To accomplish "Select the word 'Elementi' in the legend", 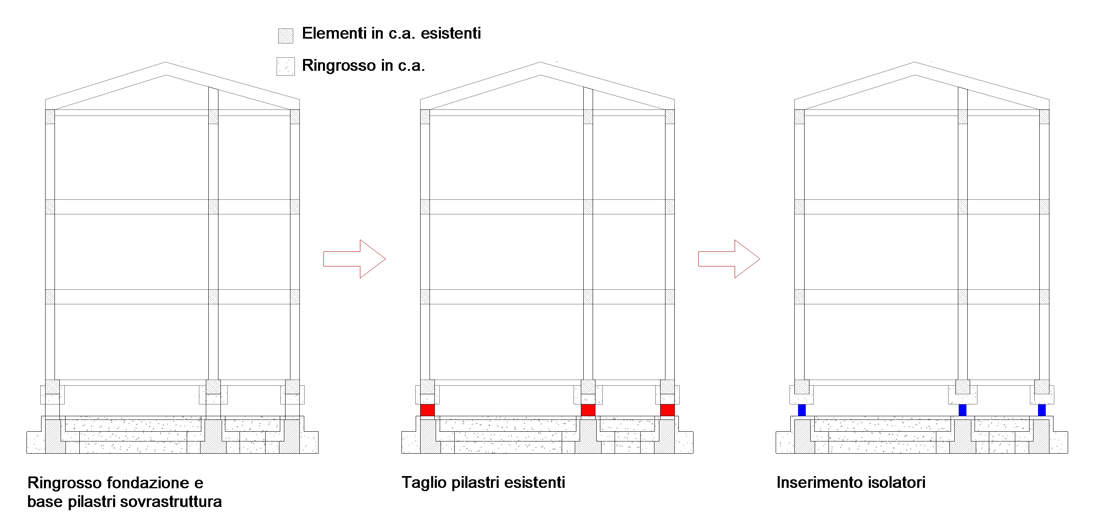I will [334, 33].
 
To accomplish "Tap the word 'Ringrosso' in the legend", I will [338, 66].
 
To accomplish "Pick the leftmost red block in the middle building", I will [427, 410].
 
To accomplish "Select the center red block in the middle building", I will [588, 410].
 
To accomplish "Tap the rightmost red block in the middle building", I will [667, 410].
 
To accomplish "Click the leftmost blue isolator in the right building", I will [802, 410].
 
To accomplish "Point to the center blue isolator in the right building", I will [962, 410].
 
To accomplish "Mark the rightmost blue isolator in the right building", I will [1042, 410].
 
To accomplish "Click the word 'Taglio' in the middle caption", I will [424, 483].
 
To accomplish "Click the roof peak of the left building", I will [166, 63].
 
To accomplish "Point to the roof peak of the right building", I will [915, 63].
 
